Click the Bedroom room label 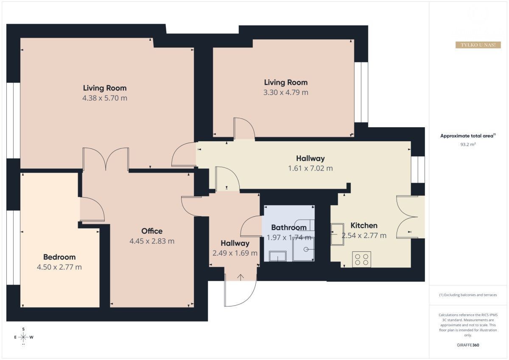point(59,257)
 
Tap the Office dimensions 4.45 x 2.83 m point(152,241)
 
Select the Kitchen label point(364,225)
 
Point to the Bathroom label point(289,227)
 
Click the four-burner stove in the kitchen point(361,259)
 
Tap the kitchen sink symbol point(337,234)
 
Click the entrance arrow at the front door point(241,277)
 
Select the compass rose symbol point(23,337)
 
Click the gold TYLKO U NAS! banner point(478,45)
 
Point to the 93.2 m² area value point(468,145)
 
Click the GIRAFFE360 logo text point(468,345)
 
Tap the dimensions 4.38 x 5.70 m point(104,98)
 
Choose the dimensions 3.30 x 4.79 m point(285,92)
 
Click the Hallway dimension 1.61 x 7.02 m point(310,168)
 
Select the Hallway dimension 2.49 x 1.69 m point(235,253)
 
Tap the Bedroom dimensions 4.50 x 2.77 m point(59,267)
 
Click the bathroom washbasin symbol point(278,256)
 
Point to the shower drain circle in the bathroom point(306,249)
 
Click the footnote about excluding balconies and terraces point(468,295)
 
